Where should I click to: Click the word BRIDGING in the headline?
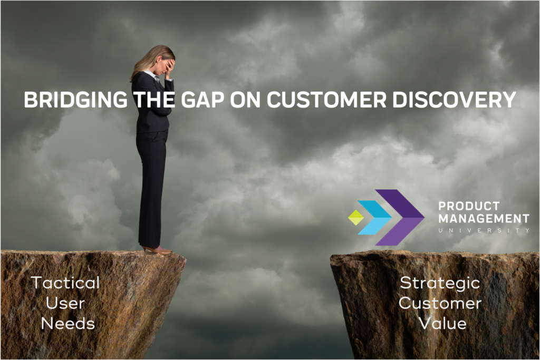(x=76, y=100)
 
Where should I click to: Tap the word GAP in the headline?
(x=202, y=100)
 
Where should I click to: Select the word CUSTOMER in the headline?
(x=326, y=100)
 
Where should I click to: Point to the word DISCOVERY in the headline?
(x=454, y=100)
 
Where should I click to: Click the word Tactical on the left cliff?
(x=65, y=283)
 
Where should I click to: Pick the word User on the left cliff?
(x=65, y=303)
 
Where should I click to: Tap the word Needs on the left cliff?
(x=68, y=324)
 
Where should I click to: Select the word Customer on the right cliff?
(x=440, y=303)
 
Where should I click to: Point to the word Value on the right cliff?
(x=443, y=324)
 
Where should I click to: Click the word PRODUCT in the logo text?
(x=469, y=206)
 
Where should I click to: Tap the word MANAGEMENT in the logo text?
(x=484, y=219)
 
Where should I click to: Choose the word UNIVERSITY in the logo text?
(x=484, y=230)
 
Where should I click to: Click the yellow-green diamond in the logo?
(x=356, y=218)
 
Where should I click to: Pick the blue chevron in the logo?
(x=375, y=218)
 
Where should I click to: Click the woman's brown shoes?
(x=158, y=250)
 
